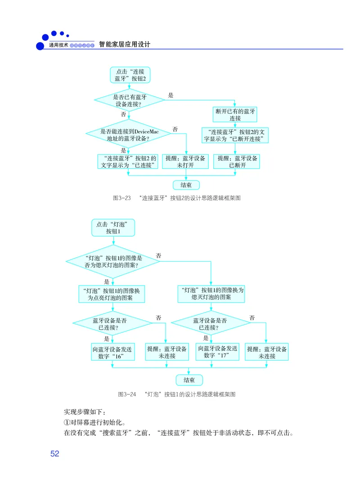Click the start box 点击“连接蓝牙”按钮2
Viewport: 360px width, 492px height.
pos(130,75)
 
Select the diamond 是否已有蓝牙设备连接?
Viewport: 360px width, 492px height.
pos(129,100)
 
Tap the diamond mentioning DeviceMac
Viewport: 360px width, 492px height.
pos(128,133)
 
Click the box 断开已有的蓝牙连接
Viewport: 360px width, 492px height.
pos(235,115)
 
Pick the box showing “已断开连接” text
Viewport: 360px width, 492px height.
pos(235,135)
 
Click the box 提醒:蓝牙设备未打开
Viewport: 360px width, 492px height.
pos(185,161)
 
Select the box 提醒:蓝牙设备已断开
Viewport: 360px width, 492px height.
pos(237,161)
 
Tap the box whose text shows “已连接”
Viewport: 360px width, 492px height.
pos(128,161)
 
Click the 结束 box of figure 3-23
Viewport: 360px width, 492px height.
pos(186,185)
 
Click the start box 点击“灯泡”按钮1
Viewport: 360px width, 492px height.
pos(113,228)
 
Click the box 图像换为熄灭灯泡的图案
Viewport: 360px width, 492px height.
pos(211,294)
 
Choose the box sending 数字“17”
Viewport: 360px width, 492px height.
pos(217,352)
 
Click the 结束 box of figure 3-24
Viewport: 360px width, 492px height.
pos(189,380)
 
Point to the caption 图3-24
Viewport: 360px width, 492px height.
pos(176,394)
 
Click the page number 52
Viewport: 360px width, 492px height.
pos(54,454)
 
